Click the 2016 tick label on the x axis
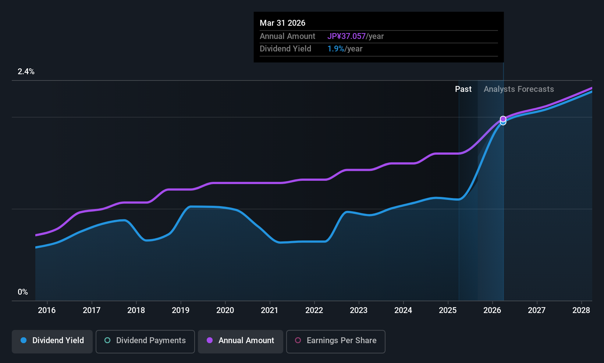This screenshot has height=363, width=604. [x=47, y=310]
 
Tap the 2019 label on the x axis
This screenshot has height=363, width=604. [x=181, y=310]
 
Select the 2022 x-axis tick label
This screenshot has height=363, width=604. [x=314, y=310]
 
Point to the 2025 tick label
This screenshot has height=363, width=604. [x=448, y=310]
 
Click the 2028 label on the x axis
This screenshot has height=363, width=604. [x=581, y=310]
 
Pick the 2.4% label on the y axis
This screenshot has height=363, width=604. [x=26, y=72]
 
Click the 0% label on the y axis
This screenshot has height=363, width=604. [x=23, y=292]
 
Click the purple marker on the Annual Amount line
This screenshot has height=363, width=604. [x=503, y=119]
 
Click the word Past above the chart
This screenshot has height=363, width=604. [x=463, y=89]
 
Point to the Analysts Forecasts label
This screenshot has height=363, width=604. [x=519, y=89]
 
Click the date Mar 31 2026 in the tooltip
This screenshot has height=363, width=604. [x=283, y=23]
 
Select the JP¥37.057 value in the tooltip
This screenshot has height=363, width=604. [x=347, y=36]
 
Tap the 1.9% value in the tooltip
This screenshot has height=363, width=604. [x=336, y=49]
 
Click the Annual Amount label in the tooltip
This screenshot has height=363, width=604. [x=287, y=36]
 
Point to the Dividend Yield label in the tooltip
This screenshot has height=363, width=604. [x=285, y=49]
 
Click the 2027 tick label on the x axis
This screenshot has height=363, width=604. [x=537, y=310]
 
